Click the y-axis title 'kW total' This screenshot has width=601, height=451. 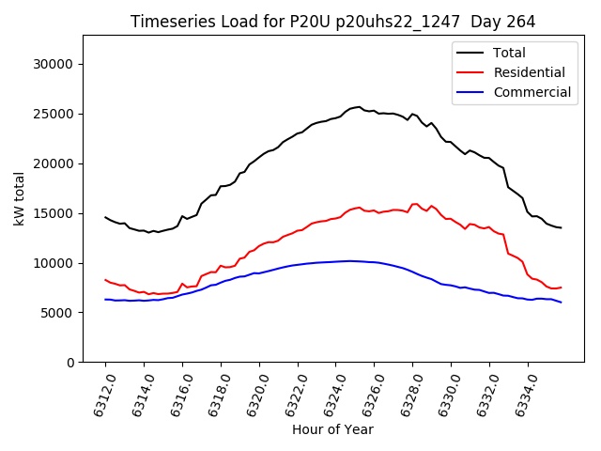tap(19, 198)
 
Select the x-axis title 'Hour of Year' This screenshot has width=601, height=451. tap(332, 429)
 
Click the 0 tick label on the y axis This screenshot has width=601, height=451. tap(69, 363)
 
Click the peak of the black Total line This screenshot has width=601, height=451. tap(359, 107)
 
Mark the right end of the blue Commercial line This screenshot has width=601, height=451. tap(562, 302)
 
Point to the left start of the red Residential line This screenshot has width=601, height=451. tap(105, 280)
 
